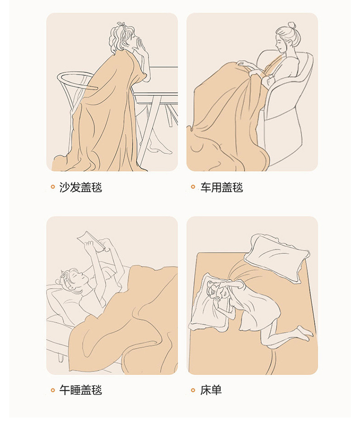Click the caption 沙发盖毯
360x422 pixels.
click(x=81, y=187)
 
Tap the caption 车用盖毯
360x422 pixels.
click(x=221, y=187)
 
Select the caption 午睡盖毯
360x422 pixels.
click(x=81, y=390)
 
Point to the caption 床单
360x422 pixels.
click(x=211, y=390)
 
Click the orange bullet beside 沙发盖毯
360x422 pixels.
click(x=53, y=187)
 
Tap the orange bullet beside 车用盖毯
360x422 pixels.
click(x=193, y=187)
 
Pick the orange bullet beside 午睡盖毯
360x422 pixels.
click(x=53, y=390)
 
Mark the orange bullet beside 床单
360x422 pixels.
click(x=193, y=390)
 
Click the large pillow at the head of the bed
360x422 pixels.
click(x=277, y=257)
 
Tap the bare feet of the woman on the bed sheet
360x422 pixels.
click(x=305, y=333)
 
